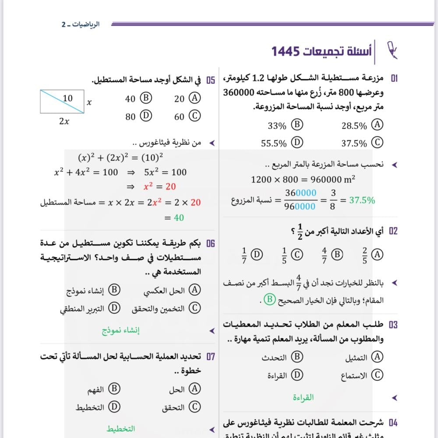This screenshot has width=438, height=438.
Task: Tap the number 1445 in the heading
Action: point(286,51)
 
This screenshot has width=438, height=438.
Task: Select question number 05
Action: point(210,80)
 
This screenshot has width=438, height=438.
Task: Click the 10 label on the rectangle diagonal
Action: point(68,99)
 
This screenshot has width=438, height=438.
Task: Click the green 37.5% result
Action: point(362,200)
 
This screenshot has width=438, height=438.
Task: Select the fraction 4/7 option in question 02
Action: point(331,254)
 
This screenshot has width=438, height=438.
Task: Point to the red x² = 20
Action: point(159,187)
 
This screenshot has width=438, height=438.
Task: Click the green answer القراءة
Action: point(303,398)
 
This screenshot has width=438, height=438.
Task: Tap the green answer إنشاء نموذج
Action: point(121,331)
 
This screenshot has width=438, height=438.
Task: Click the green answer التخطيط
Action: point(121,429)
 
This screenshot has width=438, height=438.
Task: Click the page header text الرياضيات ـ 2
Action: point(81,25)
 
